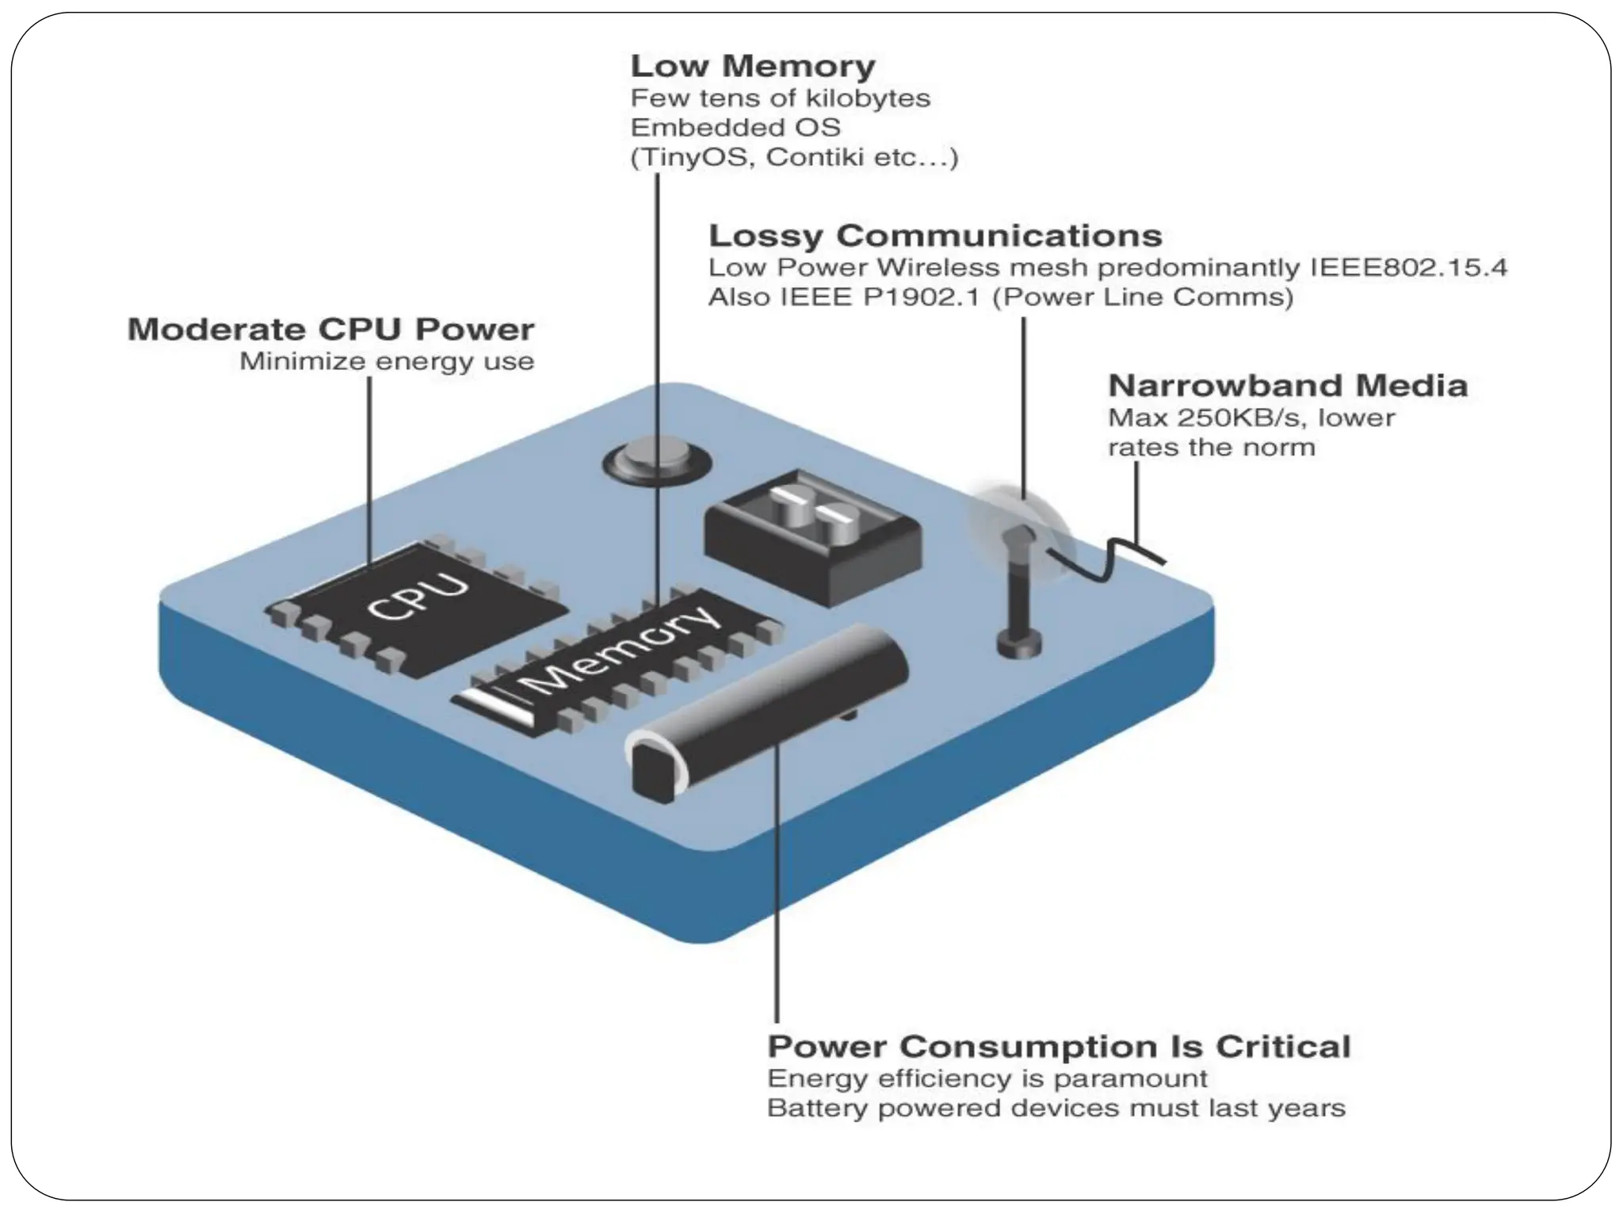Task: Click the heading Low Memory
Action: pyautogui.click(x=752, y=66)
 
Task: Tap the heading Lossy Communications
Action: pyautogui.click(x=935, y=235)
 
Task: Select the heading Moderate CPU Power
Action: pyautogui.click(x=330, y=330)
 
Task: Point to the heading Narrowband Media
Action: pyautogui.click(x=1287, y=386)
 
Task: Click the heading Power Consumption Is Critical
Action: pyautogui.click(x=1058, y=1047)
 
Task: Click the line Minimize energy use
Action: pyautogui.click(x=387, y=362)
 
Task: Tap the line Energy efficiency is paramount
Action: pyautogui.click(x=987, y=1079)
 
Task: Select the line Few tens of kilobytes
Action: pyautogui.click(x=780, y=98)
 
